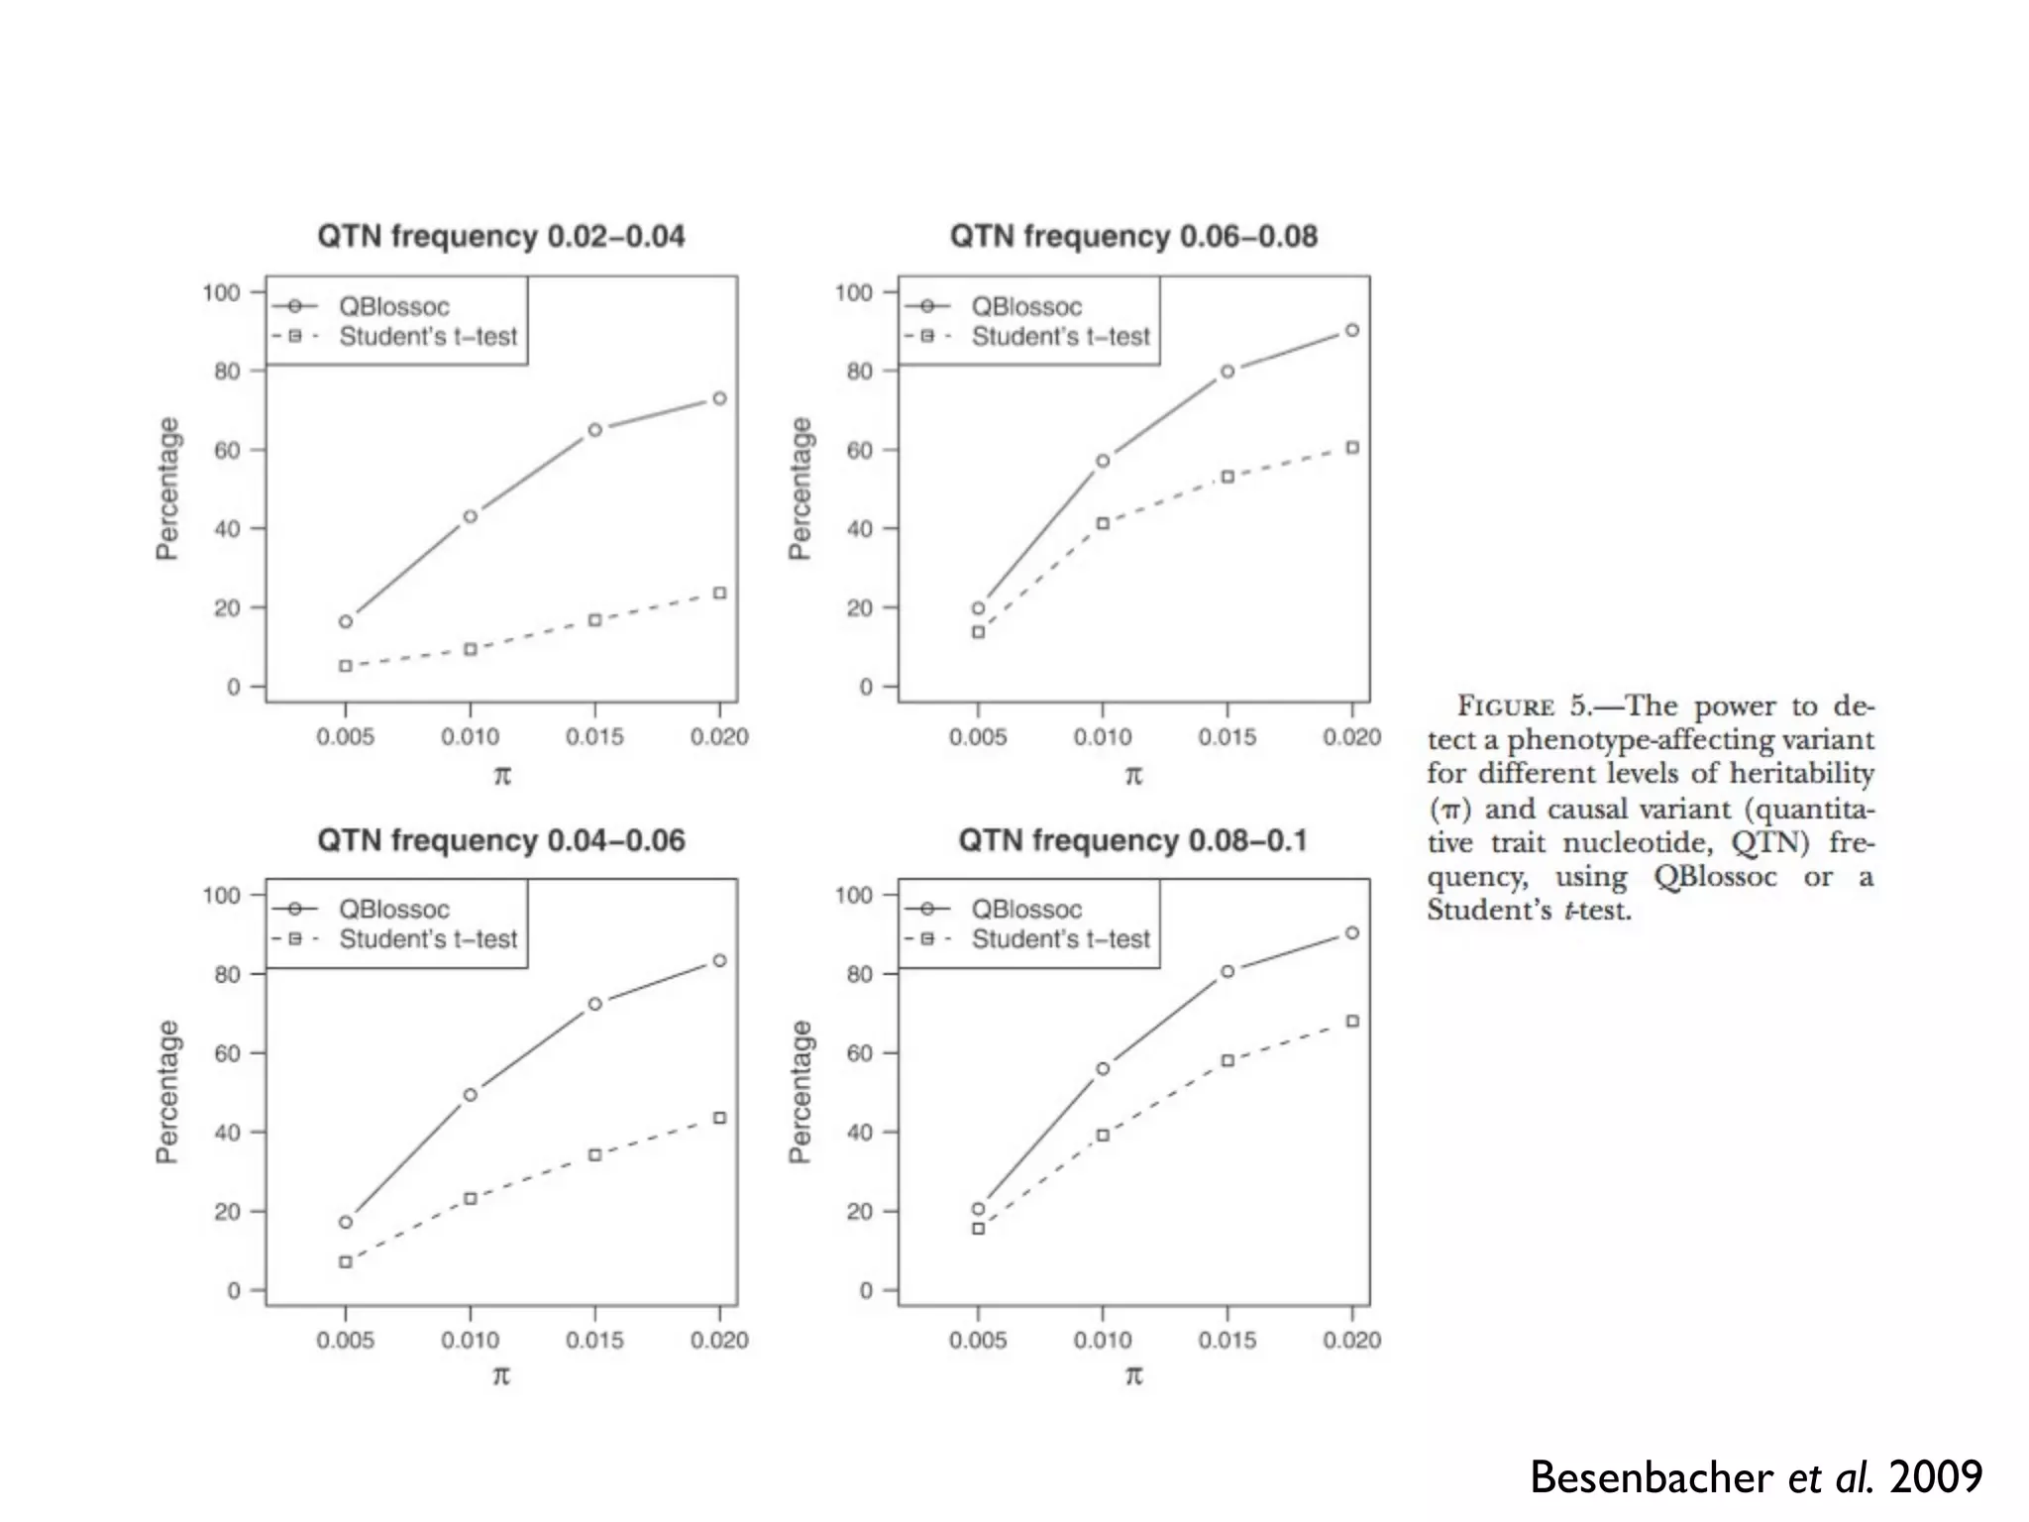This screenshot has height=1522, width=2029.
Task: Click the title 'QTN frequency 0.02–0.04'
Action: click(500, 237)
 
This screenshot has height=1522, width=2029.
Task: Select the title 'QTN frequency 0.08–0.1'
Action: click(1132, 841)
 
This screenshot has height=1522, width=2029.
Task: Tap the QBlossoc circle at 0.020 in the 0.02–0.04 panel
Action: click(719, 398)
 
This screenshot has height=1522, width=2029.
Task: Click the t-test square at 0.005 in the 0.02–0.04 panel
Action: click(346, 666)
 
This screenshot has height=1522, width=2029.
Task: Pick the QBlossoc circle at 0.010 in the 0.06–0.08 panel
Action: click(1103, 461)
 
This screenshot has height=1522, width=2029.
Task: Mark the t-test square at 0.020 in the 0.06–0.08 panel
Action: click(1352, 448)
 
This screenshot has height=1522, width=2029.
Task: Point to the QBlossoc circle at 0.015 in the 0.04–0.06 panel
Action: click(594, 1004)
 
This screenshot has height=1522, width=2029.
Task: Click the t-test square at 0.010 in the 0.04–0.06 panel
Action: click(471, 1199)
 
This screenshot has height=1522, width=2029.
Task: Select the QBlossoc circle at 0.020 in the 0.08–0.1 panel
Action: click(1352, 932)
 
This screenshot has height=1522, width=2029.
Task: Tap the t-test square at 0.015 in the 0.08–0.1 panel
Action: click(1228, 1060)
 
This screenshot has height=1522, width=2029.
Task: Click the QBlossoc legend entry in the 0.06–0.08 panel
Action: click(1025, 307)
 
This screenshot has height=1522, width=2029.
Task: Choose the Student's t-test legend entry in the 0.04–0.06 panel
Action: click(427, 939)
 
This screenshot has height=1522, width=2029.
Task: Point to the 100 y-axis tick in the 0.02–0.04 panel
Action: click(221, 292)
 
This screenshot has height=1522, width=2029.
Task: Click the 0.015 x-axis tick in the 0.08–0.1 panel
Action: click(1228, 1340)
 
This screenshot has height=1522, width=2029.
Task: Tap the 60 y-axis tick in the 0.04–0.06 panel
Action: click(227, 1053)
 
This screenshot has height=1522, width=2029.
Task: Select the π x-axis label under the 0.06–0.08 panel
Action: click(1133, 775)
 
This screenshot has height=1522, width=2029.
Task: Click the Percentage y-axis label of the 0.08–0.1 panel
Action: click(800, 1091)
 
